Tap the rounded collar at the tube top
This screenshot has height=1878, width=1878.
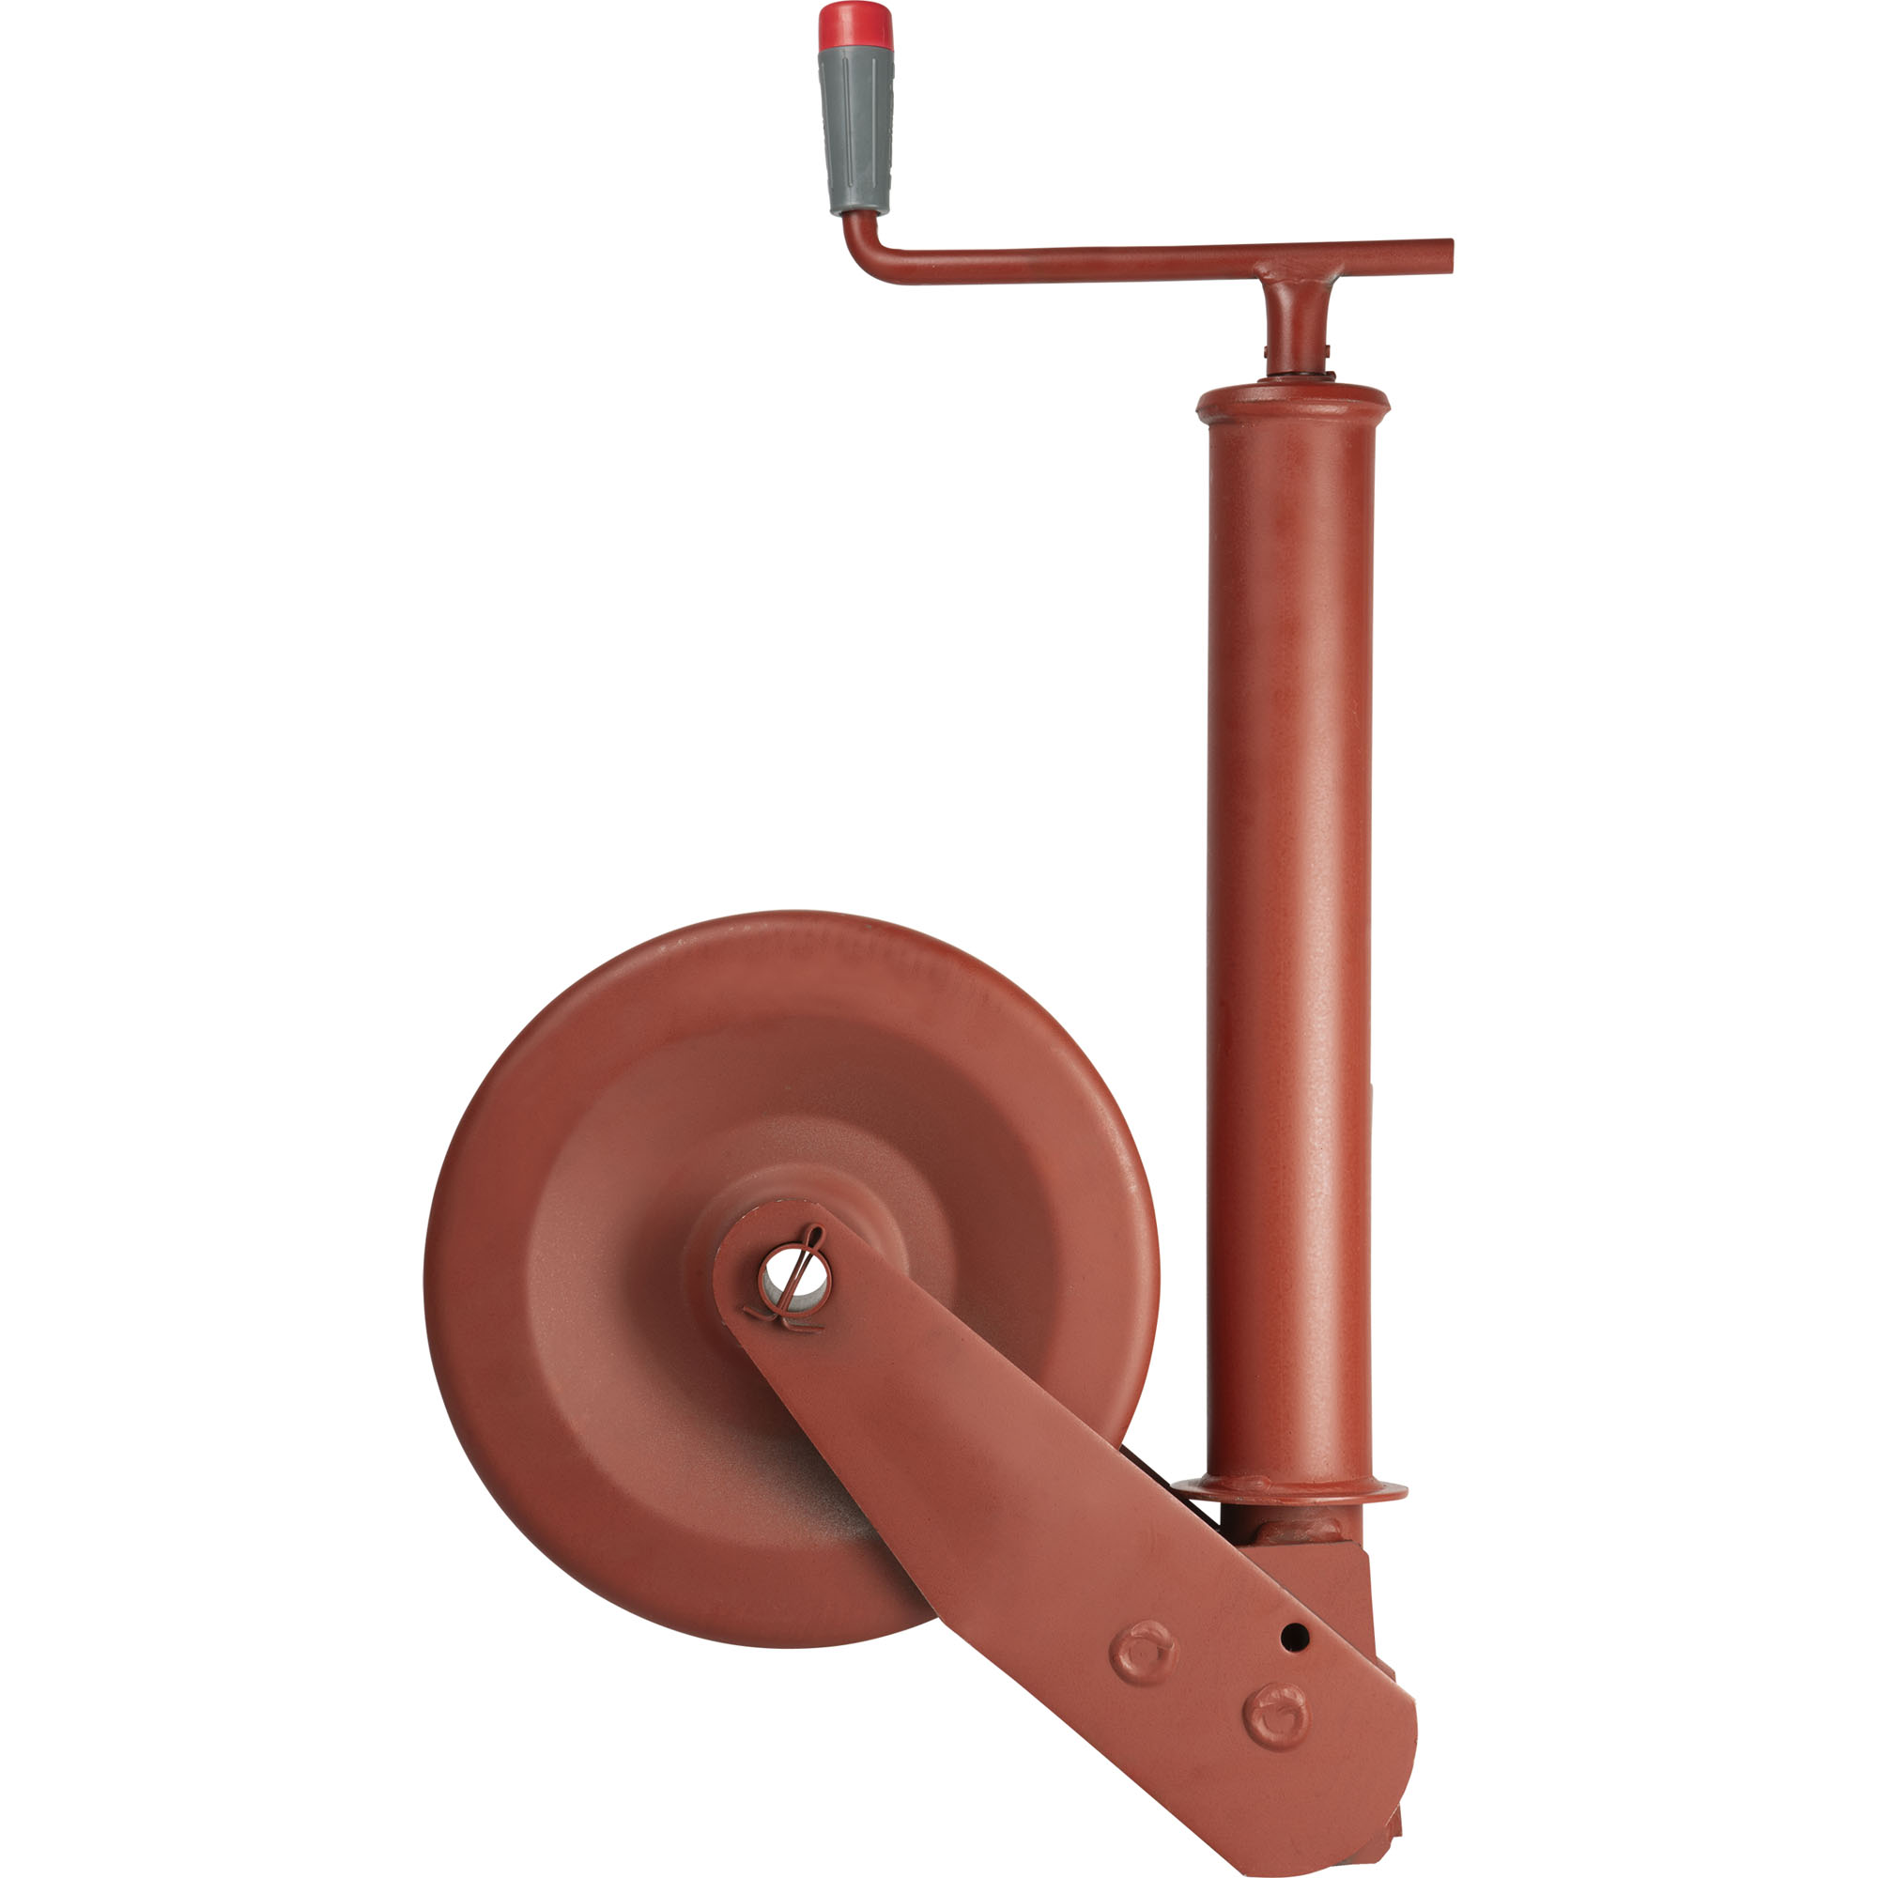click(x=1293, y=403)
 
